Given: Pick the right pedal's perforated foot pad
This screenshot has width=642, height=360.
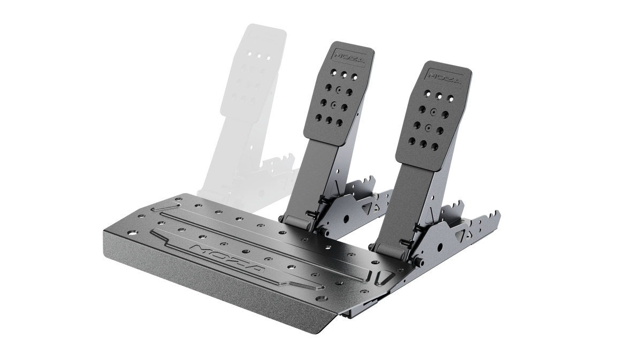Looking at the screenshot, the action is pos(433,114).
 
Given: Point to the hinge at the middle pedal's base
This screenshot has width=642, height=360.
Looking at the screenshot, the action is pos(297,221).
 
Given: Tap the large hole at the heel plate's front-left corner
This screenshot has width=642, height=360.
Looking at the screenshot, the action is pos(133,232).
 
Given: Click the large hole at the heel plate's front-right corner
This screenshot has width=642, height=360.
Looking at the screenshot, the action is pos(322,299).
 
